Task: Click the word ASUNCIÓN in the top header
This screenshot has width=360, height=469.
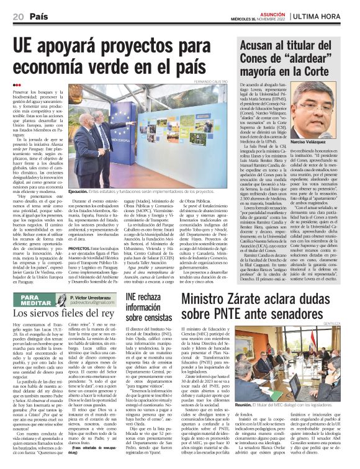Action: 271,11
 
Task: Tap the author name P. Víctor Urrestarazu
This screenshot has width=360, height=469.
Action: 91,297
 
